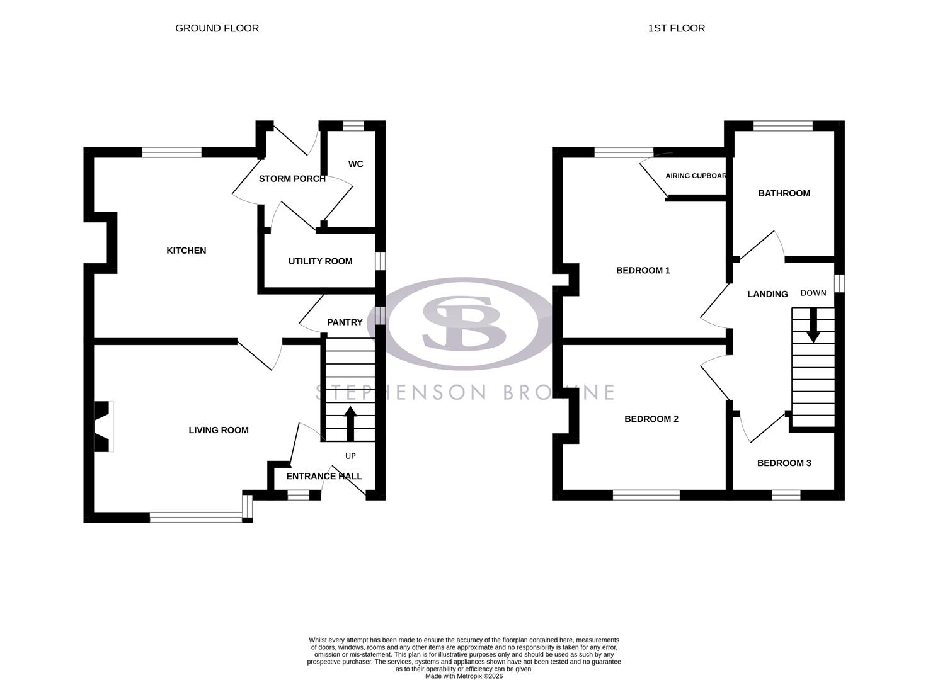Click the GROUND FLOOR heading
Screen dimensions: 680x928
click(x=217, y=28)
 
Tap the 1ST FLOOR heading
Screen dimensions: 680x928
click(x=676, y=28)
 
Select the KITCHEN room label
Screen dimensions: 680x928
click(x=186, y=251)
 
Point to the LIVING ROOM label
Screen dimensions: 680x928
click(x=219, y=430)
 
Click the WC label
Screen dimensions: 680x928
click(x=355, y=164)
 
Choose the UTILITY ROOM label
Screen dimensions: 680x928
click(x=320, y=261)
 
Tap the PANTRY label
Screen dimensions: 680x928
click(x=345, y=322)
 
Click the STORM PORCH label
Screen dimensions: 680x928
click(x=292, y=179)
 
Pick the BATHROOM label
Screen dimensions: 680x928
click(x=784, y=193)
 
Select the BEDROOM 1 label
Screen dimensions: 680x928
click(x=643, y=271)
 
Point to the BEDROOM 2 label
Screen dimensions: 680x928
click(x=651, y=419)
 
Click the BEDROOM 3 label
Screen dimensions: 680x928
click(x=784, y=463)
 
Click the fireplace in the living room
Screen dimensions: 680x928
click(x=103, y=426)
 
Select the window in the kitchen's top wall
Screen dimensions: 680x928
click(x=172, y=152)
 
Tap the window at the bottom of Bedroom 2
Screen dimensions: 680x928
click(x=646, y=496)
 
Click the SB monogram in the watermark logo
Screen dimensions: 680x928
click(x=464, y=323)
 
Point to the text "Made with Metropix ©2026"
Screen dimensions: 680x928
click(x=464, y=676)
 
